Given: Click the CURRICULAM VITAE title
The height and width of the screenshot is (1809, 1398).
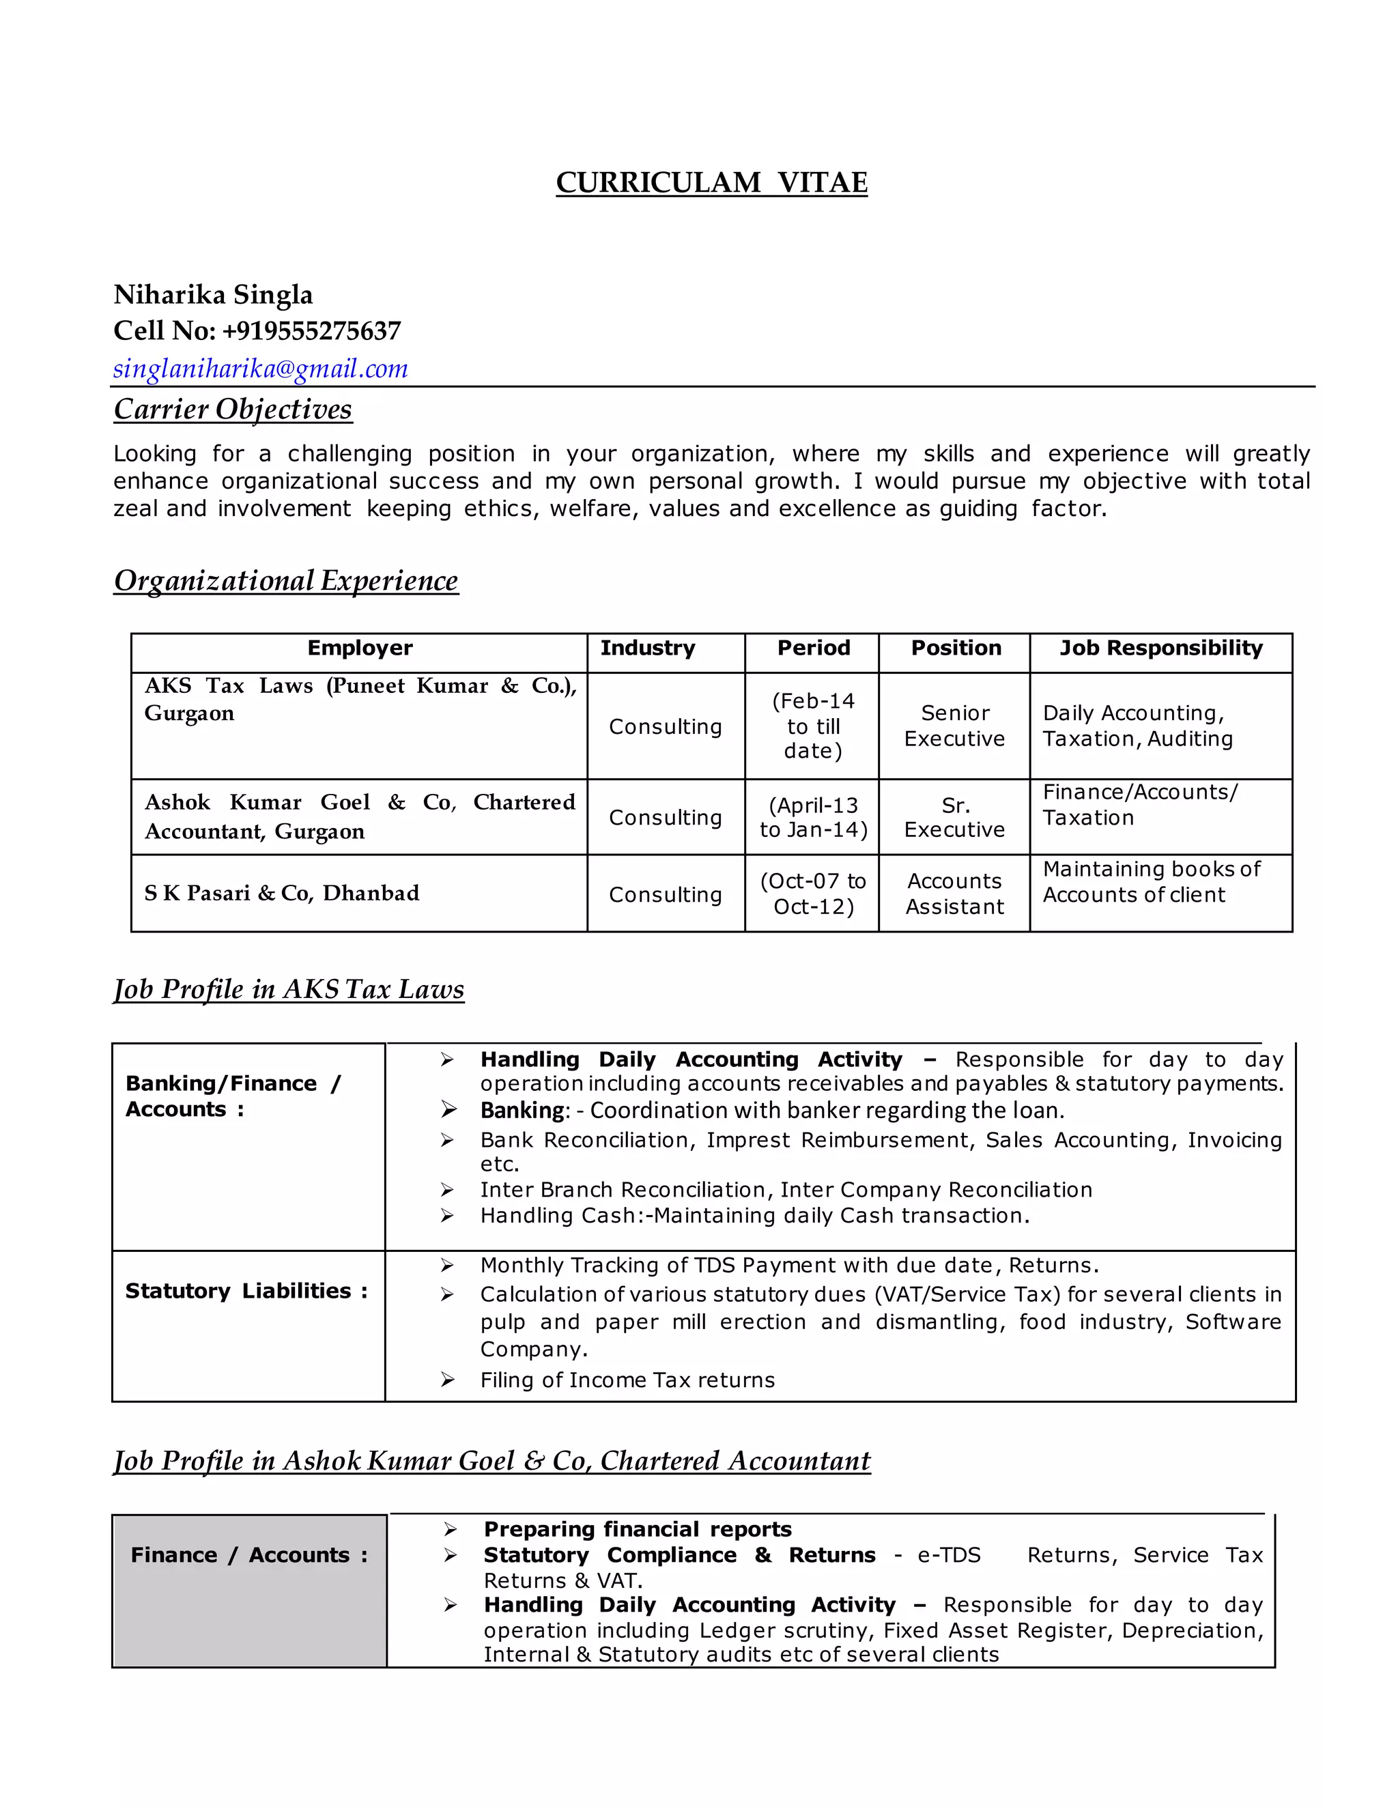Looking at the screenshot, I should point(711,182).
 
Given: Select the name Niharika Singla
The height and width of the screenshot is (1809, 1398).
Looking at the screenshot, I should point(213,295).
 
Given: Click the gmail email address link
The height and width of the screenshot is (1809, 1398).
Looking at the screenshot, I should point(260,369).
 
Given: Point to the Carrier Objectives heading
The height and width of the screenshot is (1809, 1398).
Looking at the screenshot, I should point(233,409).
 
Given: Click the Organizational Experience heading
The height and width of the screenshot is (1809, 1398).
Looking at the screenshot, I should point(286,581).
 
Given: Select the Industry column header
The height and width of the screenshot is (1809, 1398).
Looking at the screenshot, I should point(647,648).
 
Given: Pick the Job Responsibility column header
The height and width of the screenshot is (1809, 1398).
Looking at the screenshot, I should point(1160,648).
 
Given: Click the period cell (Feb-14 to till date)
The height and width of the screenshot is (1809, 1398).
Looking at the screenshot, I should point(812,726).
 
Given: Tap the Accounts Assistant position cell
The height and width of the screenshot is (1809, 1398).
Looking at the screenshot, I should point(954,894).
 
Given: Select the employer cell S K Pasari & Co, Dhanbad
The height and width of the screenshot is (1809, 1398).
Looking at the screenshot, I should point(282,893).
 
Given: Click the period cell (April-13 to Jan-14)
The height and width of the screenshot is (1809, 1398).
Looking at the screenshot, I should point(812,818).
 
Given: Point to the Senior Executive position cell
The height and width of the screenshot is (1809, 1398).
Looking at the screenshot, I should point(954,726).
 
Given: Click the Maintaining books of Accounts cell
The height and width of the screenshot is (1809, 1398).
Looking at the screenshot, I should point(1150,882).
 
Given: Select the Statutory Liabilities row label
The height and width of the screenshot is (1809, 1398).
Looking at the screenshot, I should point(246,1292).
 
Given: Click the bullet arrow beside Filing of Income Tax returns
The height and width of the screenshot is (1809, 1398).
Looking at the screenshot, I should point(447,1380).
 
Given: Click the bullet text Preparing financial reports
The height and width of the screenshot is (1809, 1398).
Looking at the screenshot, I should point(637,1529).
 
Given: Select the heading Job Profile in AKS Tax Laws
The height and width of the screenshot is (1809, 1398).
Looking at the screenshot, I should point(288,989).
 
